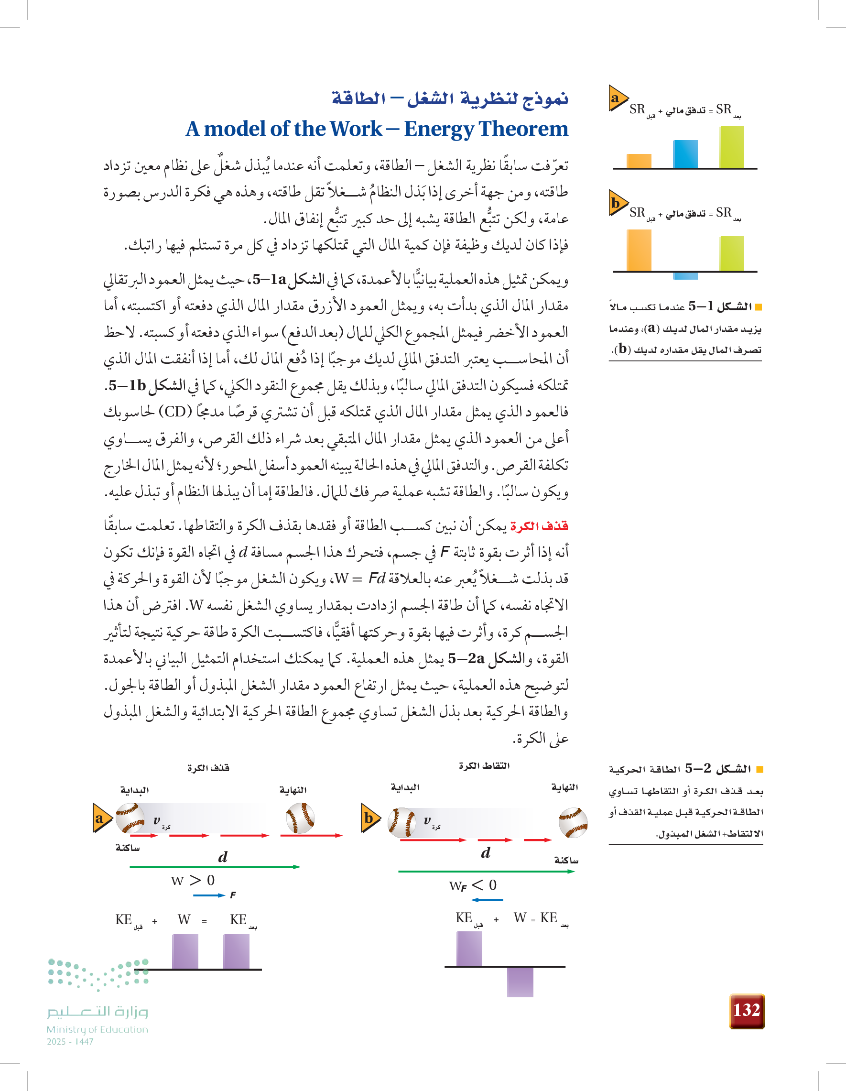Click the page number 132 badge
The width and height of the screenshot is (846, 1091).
(747, 1010)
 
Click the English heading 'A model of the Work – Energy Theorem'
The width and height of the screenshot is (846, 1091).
(377, 129)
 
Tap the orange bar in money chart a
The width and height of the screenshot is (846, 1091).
(639, 161)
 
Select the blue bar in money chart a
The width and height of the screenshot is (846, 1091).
(685, 154)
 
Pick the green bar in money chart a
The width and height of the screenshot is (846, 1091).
(732, 147)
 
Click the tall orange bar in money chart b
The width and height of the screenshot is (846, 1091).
(639, 250)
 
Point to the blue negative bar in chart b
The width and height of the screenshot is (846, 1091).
(685, 276)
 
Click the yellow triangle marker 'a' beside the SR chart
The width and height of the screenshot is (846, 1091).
(617, 98)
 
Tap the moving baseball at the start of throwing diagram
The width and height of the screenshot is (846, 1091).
(130, 818)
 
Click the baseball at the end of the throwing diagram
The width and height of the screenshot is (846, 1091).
(300, 818)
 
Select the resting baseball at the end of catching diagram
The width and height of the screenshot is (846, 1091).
(573, 822)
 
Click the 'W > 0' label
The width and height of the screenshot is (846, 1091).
(193, 880)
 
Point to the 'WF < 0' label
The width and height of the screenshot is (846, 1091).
(472, 885)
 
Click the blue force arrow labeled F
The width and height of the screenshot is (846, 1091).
(209, 895)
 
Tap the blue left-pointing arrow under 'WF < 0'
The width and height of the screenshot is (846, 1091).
(487, 900)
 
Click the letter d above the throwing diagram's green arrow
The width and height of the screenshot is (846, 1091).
(223, 857)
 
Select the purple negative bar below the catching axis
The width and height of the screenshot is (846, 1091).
(520, 982)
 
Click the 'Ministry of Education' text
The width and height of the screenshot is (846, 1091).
(98, 1029)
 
